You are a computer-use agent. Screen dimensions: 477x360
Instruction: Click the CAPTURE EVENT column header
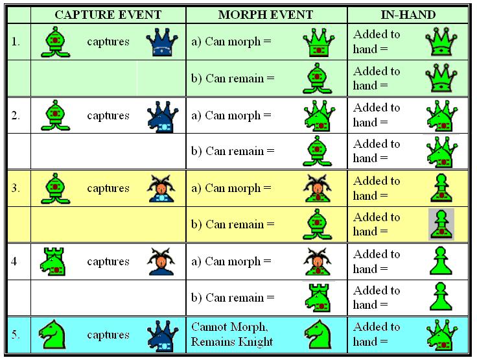point(108,15)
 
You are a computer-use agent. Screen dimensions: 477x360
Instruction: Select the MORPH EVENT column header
point(266,15)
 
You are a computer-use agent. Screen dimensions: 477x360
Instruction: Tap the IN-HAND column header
point(408,15)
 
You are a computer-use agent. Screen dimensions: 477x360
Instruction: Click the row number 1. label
point(16,42)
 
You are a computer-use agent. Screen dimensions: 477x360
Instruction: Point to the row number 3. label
point(16,188)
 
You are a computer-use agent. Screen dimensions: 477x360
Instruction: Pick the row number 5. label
point(16,335)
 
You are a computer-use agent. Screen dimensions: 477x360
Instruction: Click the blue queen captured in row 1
point(162,42)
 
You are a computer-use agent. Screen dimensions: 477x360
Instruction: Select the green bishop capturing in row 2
point(55,115)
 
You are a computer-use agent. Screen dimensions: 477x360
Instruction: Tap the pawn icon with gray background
point(441,224)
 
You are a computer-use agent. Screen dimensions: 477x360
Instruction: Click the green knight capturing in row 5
point(52,334)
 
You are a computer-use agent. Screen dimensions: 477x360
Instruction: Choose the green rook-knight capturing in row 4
point(53,261)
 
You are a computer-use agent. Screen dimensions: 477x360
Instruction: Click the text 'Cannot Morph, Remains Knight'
point(232,335)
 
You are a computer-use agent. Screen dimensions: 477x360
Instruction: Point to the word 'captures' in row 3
point(108,188)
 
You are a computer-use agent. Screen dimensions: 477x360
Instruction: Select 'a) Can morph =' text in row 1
point(231,42)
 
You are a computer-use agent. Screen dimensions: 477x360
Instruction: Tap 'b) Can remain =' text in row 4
point(233,298)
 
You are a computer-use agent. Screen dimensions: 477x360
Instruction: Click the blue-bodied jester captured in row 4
point(161,261)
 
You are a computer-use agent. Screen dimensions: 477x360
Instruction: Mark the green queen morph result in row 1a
point(318,42)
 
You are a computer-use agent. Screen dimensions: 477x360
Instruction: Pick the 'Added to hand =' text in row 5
point(377,334)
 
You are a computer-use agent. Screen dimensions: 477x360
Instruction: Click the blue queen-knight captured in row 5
point(163,335)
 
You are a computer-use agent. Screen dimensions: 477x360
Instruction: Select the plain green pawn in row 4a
point(441,261)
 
